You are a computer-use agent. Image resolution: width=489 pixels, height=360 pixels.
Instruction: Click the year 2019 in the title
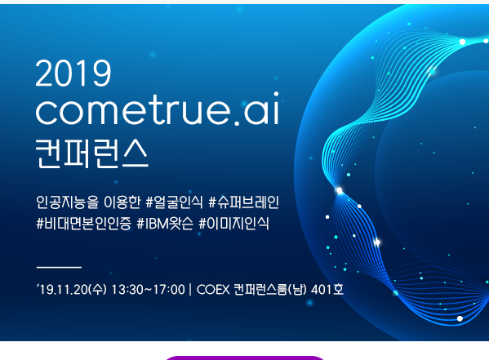pyautogui.click(x=73, y=73)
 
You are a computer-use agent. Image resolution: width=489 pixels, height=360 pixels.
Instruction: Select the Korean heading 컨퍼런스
pyautogui.click(x=91, y=153)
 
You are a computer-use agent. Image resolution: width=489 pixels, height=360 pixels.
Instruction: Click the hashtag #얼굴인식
pyautogui.click(x=174, y=202)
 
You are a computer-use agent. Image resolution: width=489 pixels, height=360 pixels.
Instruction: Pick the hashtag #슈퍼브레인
pyautogui.click(x=243, y=202)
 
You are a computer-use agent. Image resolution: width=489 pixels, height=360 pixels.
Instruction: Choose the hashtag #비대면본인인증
pyautogui.click(x=83, y=224)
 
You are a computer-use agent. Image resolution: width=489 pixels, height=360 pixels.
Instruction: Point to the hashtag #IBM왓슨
pyautogui.click(x=165, y=224)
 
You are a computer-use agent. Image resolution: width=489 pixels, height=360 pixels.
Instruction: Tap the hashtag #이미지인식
pyautogui.click(x=234, y=224)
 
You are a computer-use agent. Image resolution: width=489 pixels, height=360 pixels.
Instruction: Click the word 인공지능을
pyautogui.click(x=67, y=202)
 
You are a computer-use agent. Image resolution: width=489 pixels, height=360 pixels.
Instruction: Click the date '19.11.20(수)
pyautogui.click(x=71, y=290)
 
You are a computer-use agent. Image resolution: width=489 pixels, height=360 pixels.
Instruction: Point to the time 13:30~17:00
pyautogui.click(x=148, y=290)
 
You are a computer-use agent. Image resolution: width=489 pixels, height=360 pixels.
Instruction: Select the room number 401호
pyautogui.click(x=327, y=290)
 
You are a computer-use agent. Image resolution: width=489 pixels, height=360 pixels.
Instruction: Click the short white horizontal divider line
pyautogui.click(x=59, y=267)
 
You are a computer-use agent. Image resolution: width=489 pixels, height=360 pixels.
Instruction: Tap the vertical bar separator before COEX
pyautogui.click(x=190, y=290)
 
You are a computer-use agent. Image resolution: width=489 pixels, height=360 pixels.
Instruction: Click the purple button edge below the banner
pyautogui.click(x=245, y=358)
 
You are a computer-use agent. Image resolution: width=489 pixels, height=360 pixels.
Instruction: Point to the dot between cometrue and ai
pyautogui.click(x=237, y=122)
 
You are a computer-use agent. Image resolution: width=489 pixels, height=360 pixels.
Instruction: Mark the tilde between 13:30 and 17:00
pyautogui.click(x=149, y=290)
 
